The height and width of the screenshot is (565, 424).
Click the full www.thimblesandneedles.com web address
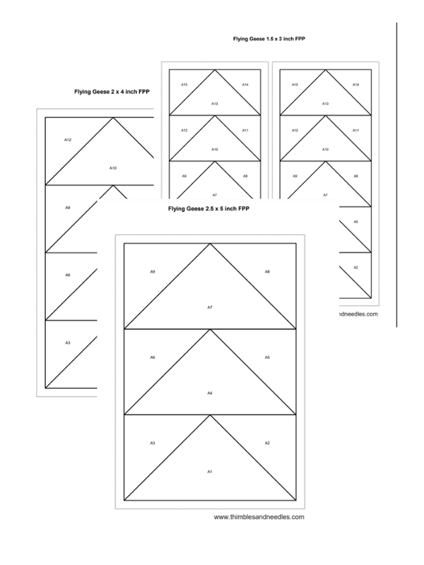point(259,516)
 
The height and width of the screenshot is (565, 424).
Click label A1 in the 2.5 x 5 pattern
point(210,471)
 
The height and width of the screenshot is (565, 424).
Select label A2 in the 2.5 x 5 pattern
point(267,443)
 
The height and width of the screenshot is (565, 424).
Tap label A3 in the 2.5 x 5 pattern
point(153,443)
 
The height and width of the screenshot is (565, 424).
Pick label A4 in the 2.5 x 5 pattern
point(210,393)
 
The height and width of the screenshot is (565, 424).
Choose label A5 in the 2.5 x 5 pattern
point(267,357)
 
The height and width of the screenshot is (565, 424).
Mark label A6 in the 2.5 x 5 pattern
point(153,357)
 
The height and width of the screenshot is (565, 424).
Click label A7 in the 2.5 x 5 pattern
point(210,307)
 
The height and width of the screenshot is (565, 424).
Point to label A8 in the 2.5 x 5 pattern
point(267,272)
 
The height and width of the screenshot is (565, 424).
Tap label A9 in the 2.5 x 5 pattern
point(153,272)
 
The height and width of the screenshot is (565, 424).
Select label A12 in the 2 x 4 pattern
point(68,140)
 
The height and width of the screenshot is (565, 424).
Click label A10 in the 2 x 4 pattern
point(112,167)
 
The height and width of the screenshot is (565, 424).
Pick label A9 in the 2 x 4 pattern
point(68,208)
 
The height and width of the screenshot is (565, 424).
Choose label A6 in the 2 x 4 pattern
point(68,275)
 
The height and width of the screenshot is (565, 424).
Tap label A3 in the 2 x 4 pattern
point(68,343)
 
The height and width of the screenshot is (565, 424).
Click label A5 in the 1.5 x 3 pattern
point(355,222)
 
